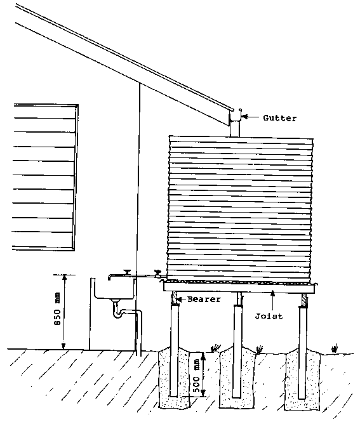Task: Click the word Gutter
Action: click(280, 118)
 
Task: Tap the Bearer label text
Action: click(204, 299)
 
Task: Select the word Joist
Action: click(269, 316)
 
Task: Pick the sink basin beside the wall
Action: click(114, 289)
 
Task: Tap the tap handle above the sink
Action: click(126, 272)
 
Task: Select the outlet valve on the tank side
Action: click(158, 274)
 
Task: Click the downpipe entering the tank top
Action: click(235, 129)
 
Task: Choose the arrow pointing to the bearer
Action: click(182, 299)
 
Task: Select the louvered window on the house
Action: click(44, 177)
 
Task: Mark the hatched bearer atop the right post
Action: click(304, 300)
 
